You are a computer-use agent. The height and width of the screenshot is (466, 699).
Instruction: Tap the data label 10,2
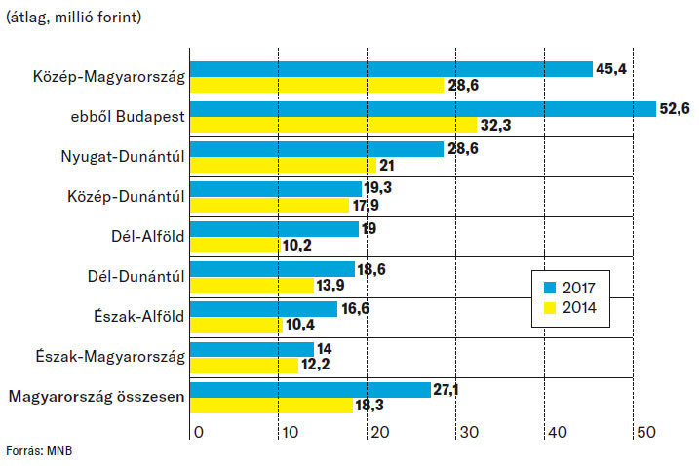[x=296, y=245]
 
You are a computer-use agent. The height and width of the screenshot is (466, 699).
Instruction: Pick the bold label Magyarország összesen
[x=97, y=396]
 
